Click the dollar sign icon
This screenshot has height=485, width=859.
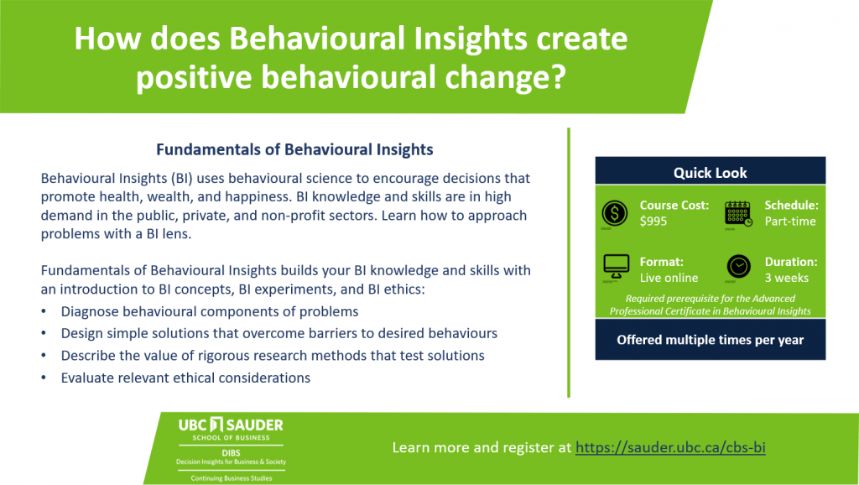[x=614, y=213]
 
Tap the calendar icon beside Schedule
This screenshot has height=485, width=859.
[x=738, y=214]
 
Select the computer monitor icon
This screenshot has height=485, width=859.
[x=617, y=268]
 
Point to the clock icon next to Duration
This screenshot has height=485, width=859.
[x=738, y=267]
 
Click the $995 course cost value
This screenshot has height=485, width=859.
[x=653, y=222]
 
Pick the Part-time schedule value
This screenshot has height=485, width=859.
[x=790, y=222]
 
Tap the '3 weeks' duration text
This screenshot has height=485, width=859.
[x=787, y=278]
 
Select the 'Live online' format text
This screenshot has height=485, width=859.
[x=669, y=278]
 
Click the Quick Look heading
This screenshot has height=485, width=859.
[x=710, y=173]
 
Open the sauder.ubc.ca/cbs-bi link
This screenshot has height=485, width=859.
[x=670, y=447]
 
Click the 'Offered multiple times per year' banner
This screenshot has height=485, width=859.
[x=711, y=340]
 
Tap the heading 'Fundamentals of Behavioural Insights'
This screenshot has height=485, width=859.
[x=294, y=149]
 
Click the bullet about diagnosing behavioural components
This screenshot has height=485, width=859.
[x=209, y=311]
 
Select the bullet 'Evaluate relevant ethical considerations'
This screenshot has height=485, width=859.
[x=185, y=378]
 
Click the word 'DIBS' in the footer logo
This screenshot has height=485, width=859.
[x=232, y=453]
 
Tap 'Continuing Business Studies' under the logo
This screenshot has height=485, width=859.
[x=232, y=478]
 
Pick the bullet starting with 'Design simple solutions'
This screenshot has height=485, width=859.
[x=279, y=333]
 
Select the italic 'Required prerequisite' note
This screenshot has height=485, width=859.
[x=711, y=305]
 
